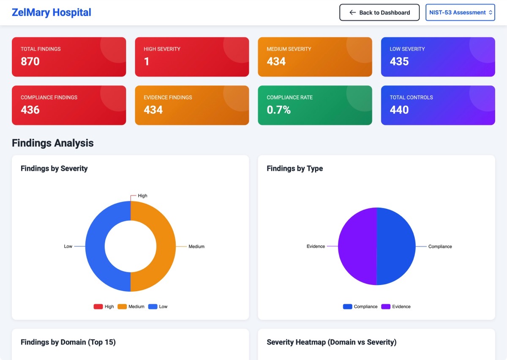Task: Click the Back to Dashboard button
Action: [x=379, y=13]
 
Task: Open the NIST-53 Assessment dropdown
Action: [x=460, y=13]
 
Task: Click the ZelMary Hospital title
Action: [x=52, y=12]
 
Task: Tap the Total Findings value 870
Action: [x=30, y=61]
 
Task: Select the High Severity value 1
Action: [x=147, y=61]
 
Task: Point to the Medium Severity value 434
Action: [x=276, y=61]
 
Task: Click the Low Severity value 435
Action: [x=399, y=61]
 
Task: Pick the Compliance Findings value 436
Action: [x=30, y=110]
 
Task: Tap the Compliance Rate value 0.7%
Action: [x=279, y=110]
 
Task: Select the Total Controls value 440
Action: [x=399, y=110]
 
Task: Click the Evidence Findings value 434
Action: [x=153, y=110]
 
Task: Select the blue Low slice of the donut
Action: [x=95, y=246]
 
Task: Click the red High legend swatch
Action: [x=98, y=307]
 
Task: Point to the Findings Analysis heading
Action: [x=53, y=143]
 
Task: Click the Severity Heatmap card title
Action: [x=332, y=342]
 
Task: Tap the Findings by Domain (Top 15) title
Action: [x=68, y=342]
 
